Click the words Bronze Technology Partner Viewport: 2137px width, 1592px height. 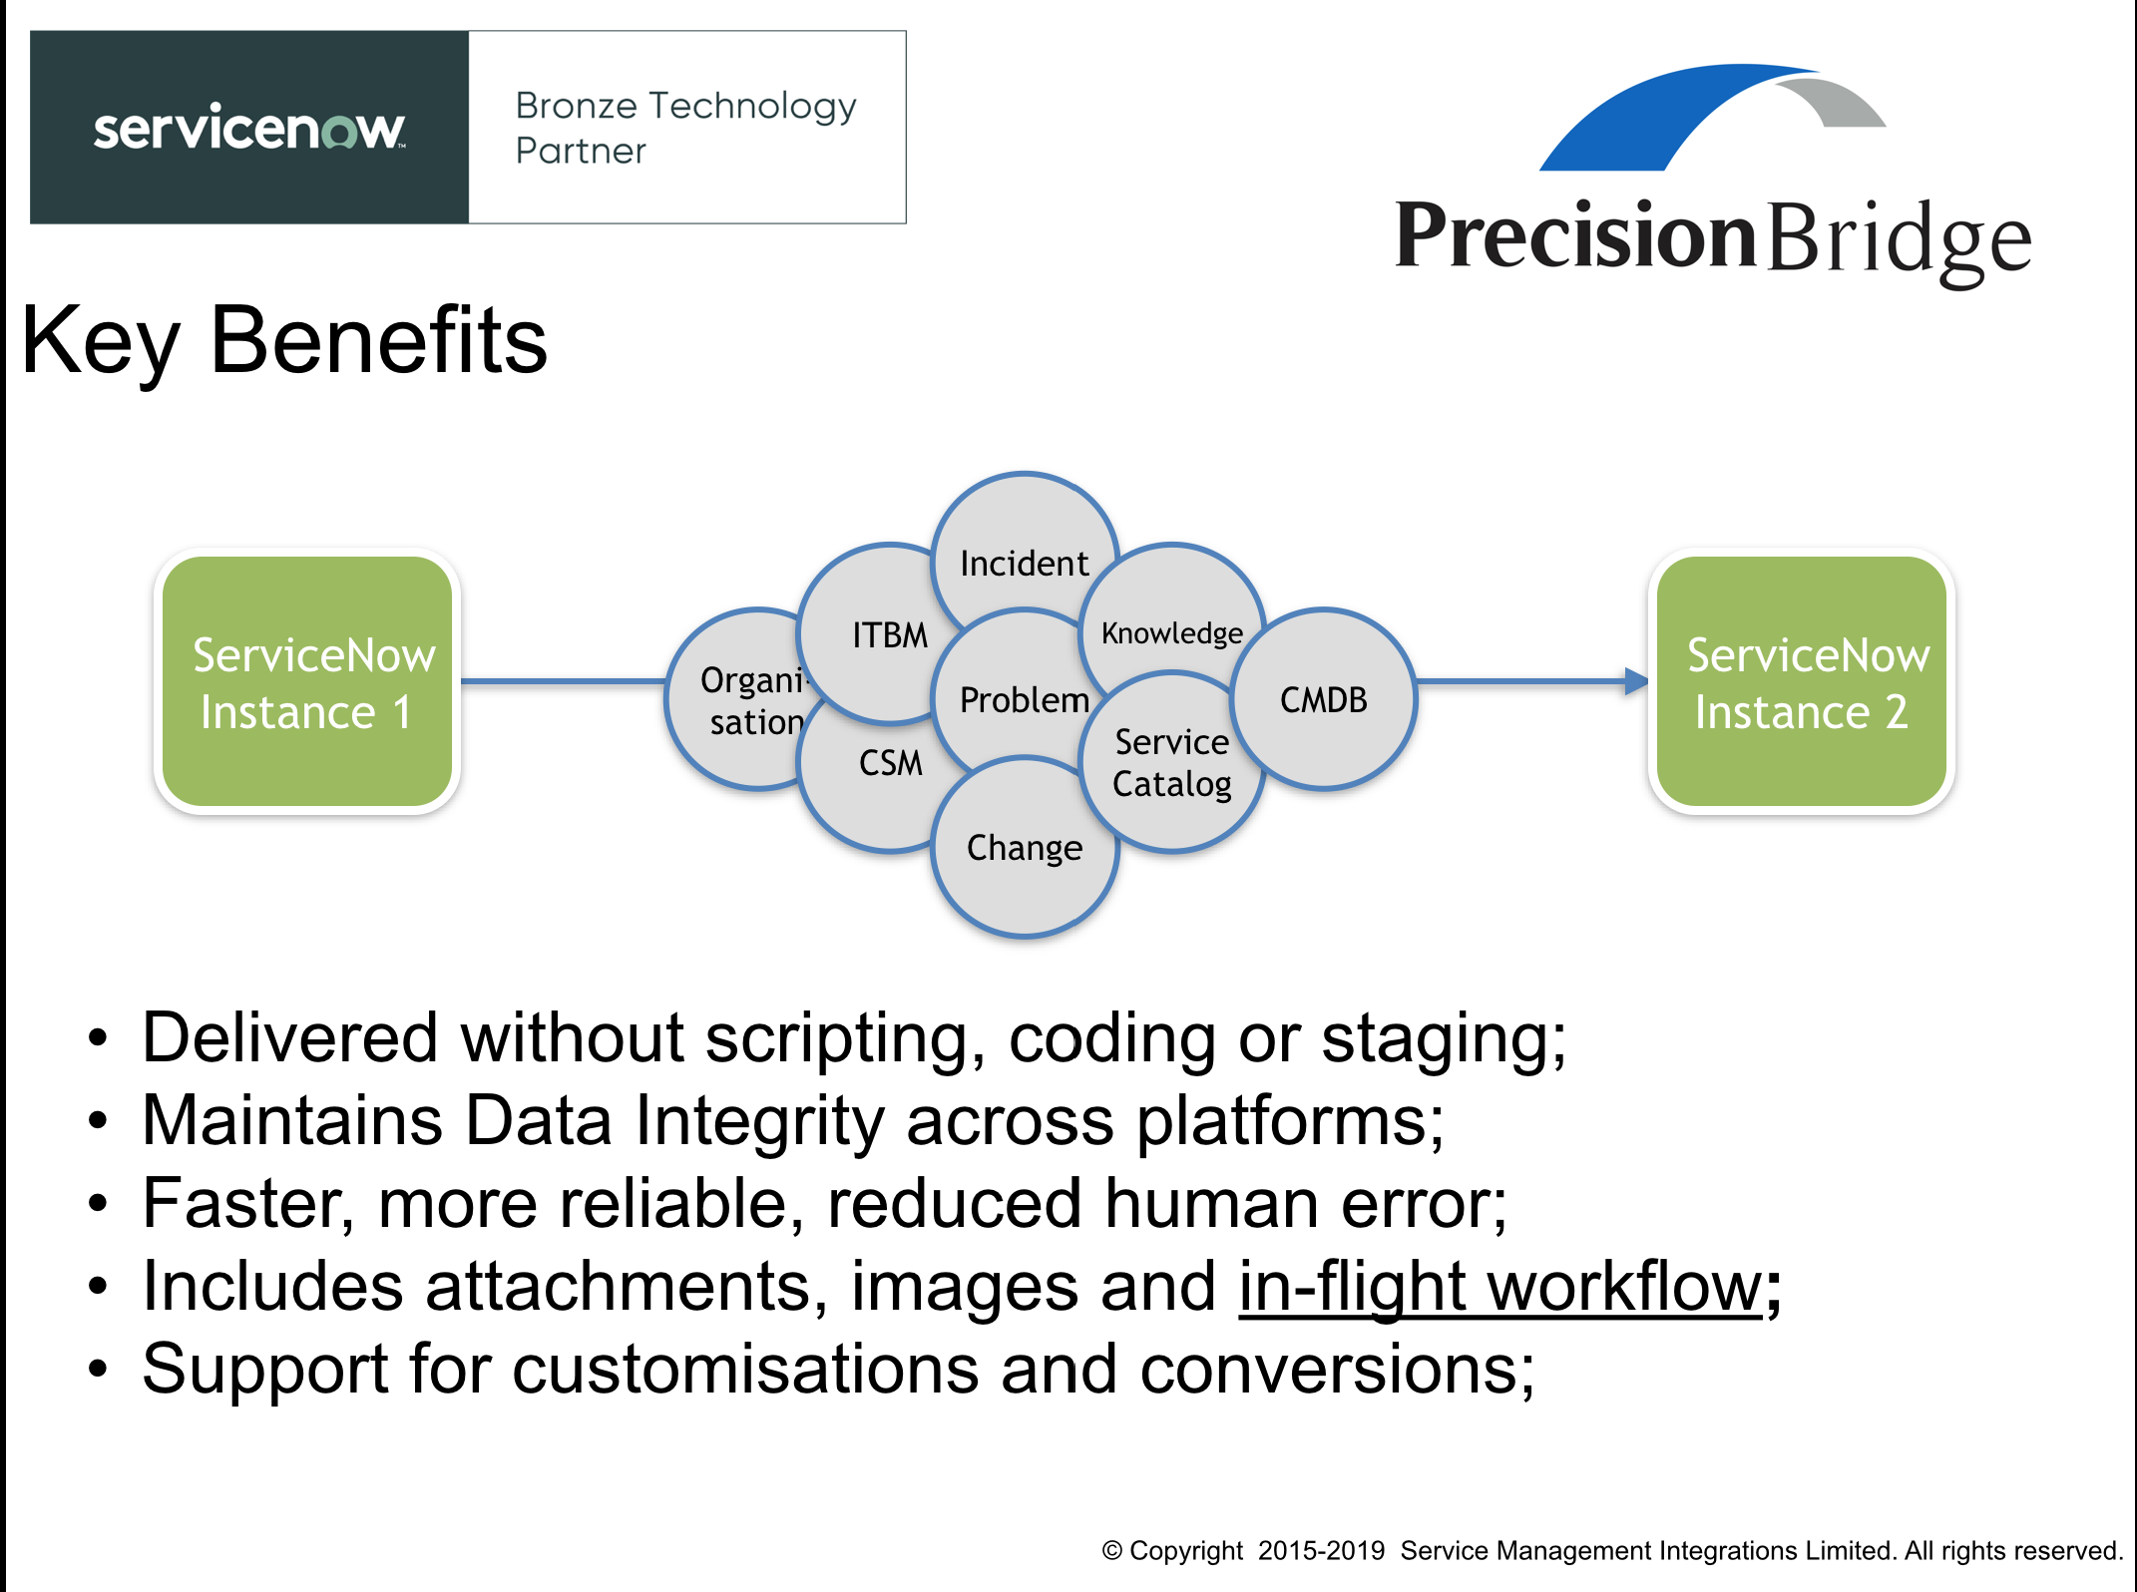pos(684,128)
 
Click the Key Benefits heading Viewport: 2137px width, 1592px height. pos(284,341)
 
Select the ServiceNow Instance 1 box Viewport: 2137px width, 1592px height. pos(307,682)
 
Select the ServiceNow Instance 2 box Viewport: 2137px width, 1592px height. pos(1801,682)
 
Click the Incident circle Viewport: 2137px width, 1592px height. pos(1024,544)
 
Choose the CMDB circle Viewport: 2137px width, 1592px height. pos(1324,700)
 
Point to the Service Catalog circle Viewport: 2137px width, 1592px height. pos(1172,764)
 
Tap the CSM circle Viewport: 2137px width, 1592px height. pos(878,778)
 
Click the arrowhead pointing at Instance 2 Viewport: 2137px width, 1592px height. pos(1636,681)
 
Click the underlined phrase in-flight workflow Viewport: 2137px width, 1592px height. pos(1499,1287)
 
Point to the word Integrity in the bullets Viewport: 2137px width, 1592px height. pos(759,1121)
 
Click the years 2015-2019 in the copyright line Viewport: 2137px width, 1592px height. pos(1321,1551)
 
